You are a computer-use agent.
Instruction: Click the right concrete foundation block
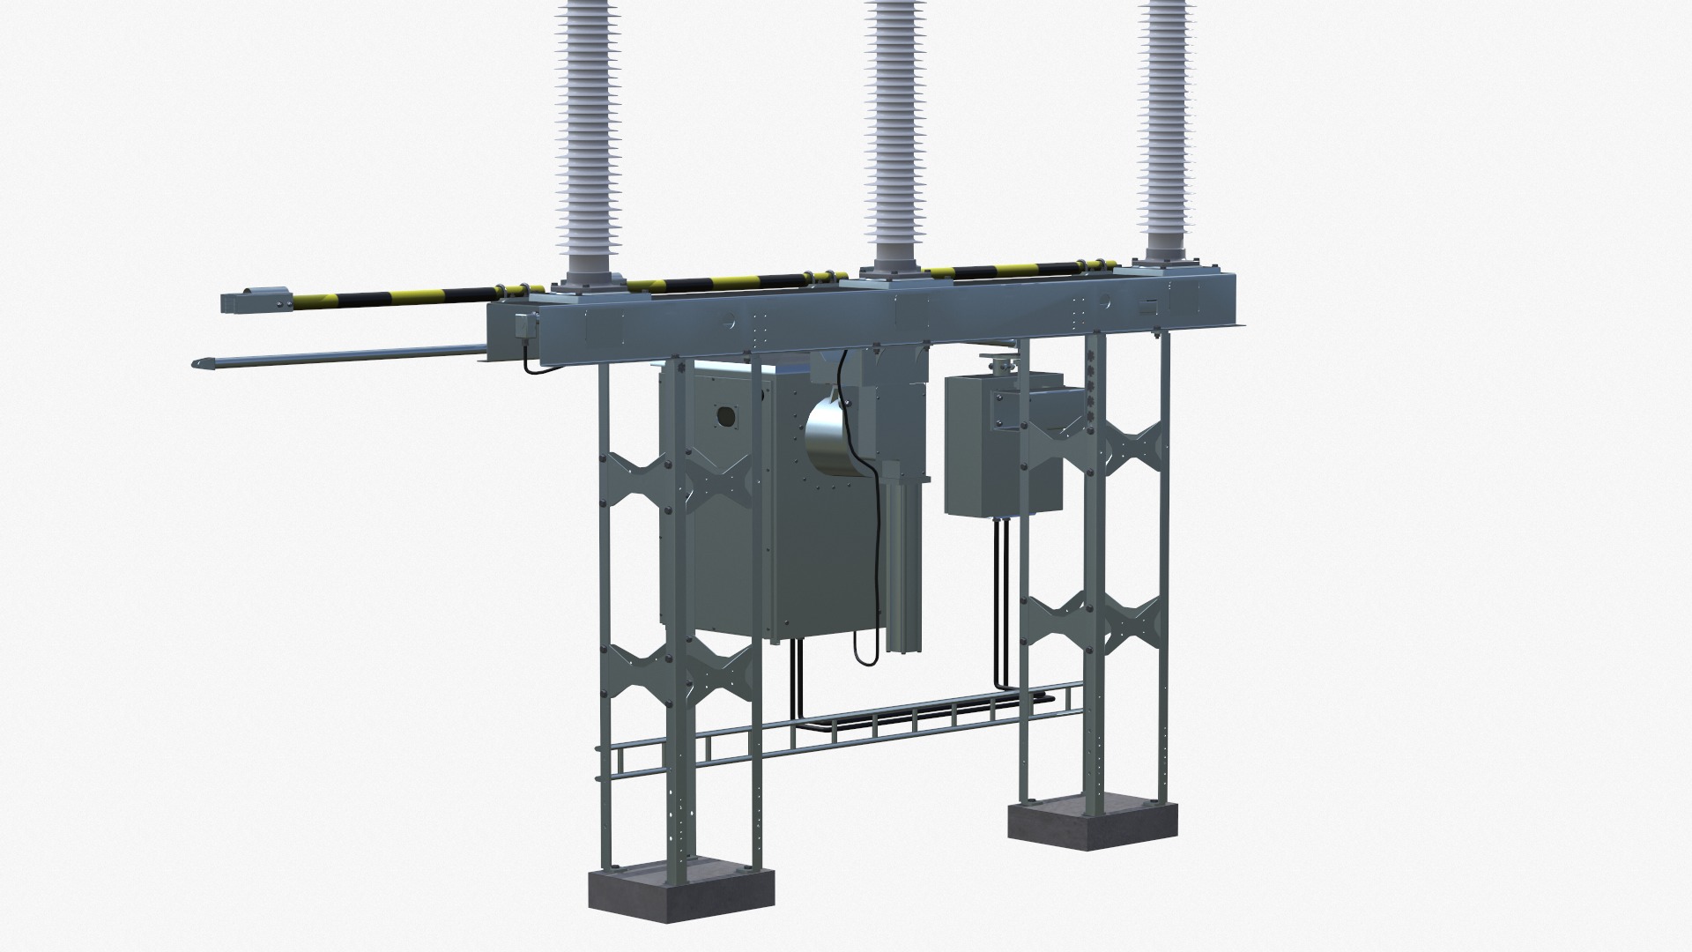[x=1090, y=824]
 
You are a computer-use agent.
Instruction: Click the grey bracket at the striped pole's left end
[x=256, y=301]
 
